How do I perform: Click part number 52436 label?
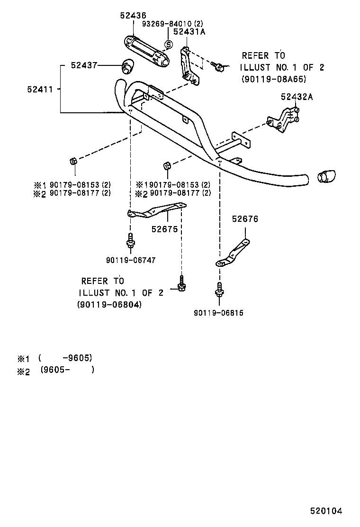coord(133,16)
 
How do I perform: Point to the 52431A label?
coord(189,32)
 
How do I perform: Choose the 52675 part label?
coord(164,229)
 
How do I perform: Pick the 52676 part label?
coord(245,219)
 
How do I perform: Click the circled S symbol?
coord(167,45)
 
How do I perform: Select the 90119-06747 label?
coord(131,260)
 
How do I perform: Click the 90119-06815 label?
coord(218,313)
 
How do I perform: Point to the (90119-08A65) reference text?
coord(274,79)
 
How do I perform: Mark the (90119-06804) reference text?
coord(109,305)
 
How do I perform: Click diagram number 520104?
coord(326,511)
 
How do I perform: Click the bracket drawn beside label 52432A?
coord(284,121)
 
